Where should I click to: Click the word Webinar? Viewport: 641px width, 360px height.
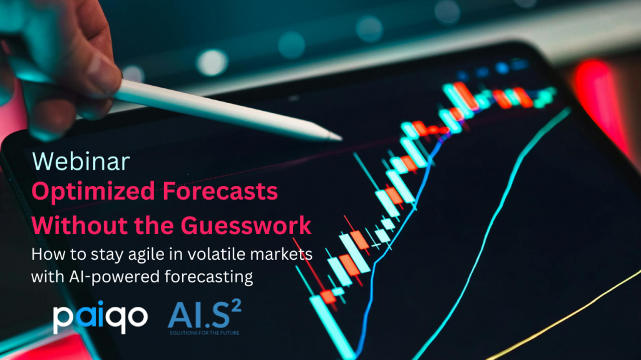click(81, 161)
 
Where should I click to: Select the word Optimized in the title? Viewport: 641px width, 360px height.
click(93, 192)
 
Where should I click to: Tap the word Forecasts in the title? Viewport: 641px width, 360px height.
click(220, 191)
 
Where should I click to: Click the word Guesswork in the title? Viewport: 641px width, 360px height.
click(246, 225)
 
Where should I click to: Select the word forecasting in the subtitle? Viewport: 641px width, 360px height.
click(209, 277)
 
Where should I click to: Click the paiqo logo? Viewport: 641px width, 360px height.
click(100, 317)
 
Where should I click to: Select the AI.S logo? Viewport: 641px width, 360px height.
click(205, 317)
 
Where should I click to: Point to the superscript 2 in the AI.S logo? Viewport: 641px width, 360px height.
click(236, 307)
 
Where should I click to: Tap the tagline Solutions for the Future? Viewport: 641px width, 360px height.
click(205, 332)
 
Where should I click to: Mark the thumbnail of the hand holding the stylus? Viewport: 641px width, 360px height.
click(98, 68)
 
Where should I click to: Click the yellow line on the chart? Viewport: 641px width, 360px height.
click(564, 316)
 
